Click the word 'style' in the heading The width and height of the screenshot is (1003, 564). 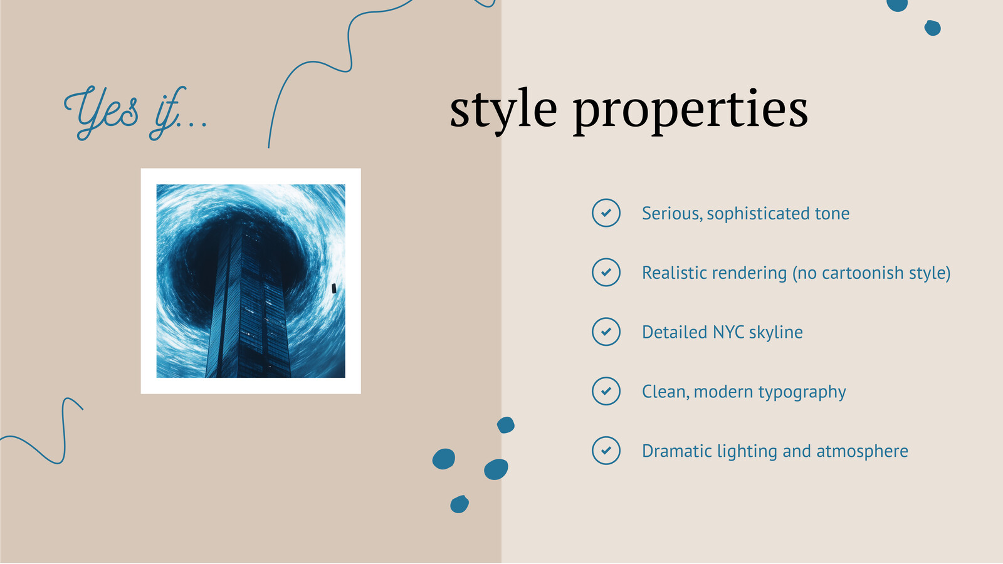503,110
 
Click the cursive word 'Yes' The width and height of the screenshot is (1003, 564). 101,113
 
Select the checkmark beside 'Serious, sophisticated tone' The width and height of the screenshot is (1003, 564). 606,213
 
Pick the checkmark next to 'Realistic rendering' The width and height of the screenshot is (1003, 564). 606,272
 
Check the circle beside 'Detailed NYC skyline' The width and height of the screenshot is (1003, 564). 606,332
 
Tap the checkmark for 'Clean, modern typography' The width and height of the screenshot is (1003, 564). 606,391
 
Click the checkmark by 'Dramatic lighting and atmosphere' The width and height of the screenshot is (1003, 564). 606,451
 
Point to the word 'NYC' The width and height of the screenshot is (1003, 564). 728,332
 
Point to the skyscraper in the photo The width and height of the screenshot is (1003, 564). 248,305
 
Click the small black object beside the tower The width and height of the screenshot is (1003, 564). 333,289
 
